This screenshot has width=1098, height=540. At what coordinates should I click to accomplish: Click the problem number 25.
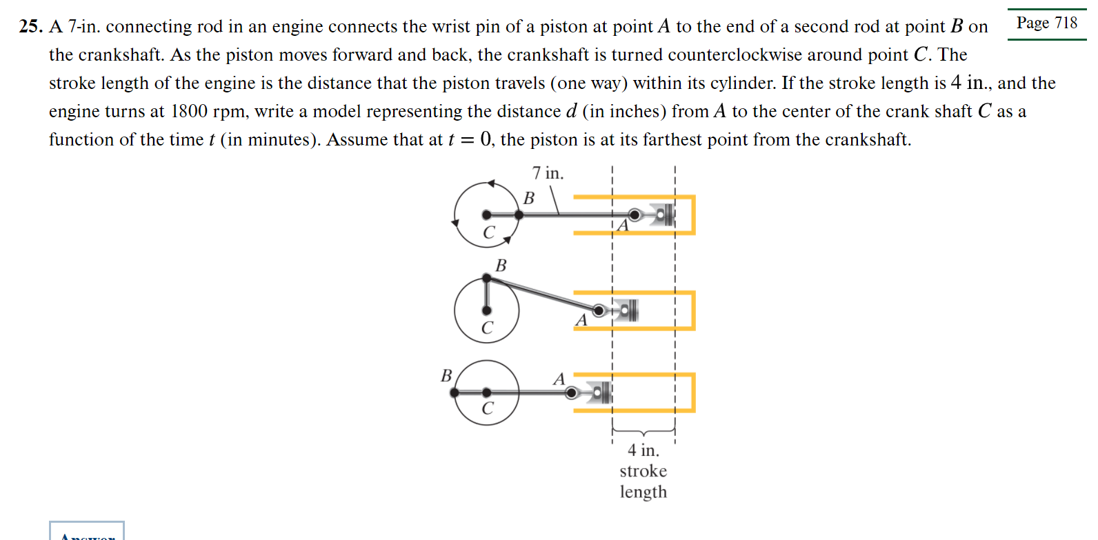[x=30, y=27]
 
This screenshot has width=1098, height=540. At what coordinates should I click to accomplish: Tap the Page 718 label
[x=1046, y=23]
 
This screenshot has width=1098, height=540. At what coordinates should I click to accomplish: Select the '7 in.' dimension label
[x=548, y=173]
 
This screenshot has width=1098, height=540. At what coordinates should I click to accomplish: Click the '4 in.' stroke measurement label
[x=643, y=450]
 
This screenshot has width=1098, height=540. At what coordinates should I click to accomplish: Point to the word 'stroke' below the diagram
[x=643, y=471]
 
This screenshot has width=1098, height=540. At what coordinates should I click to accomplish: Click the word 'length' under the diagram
[x=643, y=492]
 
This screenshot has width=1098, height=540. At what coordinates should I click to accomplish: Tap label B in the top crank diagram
[x=529, y=199]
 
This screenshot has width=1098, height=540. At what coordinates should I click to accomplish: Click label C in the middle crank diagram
[x=487, y=328]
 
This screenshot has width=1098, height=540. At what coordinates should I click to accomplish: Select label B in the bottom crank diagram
[x=446, y=376]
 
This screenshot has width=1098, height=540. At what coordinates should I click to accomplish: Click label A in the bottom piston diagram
[x=559, y=379]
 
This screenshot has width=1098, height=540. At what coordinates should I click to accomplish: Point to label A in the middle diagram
[x=581, y=320]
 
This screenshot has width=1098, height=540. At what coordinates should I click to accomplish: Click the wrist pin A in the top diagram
[x=634, y=215]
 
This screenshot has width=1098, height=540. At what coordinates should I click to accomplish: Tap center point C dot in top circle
[x=487, y=215]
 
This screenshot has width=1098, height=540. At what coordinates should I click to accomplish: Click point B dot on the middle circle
[x=487, y=279]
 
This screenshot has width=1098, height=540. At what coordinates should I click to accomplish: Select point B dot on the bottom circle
[x=455, y=392]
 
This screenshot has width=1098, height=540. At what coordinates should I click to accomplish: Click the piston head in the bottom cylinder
[x=601, y=392]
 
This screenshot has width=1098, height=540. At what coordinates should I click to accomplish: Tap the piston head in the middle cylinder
[x=628, y=310]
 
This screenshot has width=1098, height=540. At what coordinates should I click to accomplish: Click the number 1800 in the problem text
[x=188, y=112]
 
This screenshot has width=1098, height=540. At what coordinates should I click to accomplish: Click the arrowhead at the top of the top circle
[x=491, y=183]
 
